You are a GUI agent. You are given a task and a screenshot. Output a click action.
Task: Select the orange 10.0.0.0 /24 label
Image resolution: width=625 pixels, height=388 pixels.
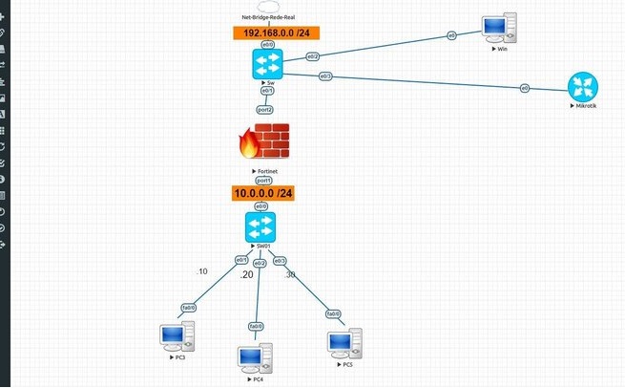263,193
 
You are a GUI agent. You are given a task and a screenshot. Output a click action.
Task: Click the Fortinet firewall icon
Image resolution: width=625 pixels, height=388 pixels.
262,142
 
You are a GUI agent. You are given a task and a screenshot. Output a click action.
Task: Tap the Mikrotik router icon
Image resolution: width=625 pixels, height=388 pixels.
581,88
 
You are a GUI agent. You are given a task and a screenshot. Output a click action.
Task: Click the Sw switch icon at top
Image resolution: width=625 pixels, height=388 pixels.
264,64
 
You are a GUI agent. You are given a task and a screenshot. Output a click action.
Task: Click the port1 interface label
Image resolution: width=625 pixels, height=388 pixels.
263,180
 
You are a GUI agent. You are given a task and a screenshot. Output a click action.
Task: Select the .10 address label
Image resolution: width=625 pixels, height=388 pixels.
201,271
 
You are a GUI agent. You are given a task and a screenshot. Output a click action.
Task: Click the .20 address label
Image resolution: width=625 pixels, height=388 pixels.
246,274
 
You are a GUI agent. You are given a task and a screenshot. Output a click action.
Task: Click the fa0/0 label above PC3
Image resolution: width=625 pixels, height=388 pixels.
189,307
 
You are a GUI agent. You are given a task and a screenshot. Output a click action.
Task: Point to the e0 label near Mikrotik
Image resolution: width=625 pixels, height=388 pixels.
524,88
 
